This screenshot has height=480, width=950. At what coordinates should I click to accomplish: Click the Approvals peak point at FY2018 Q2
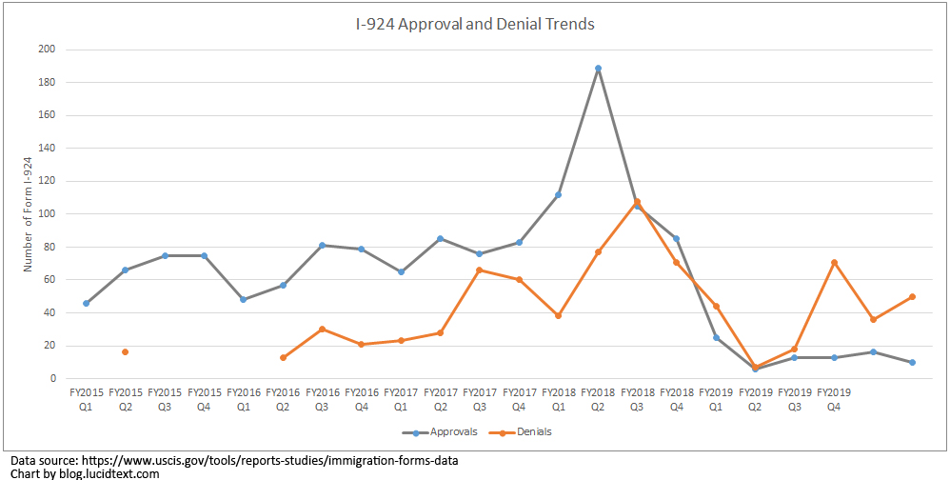pos(598,69)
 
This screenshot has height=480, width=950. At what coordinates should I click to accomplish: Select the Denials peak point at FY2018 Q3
pos(637,202)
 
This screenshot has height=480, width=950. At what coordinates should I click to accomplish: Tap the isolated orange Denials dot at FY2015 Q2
pos(126,352)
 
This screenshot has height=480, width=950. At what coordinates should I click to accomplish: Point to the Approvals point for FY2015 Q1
pos(87,303)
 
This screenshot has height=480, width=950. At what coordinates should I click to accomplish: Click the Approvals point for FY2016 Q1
pos(244,299)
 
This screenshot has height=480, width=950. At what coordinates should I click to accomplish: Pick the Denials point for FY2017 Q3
pos(480,270)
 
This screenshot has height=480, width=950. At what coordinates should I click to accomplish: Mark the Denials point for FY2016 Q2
pos(283,357)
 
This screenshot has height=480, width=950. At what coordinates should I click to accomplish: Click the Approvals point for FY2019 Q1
pos(716,337)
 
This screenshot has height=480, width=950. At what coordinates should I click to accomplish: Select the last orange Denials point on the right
pos(912,296)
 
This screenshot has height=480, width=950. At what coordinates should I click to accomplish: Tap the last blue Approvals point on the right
pos(912,362)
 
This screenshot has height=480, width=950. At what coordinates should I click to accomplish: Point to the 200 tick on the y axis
pos(48,50)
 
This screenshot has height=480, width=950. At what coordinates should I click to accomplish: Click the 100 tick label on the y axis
pos(48,214)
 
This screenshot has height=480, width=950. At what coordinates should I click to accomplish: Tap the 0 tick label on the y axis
pos(53,379)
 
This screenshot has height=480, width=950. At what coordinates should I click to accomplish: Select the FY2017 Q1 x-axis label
pos(401,397)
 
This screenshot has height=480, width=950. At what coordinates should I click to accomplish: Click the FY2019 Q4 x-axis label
pos(834,397)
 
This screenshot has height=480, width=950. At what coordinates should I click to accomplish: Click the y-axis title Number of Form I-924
pos(28,214)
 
